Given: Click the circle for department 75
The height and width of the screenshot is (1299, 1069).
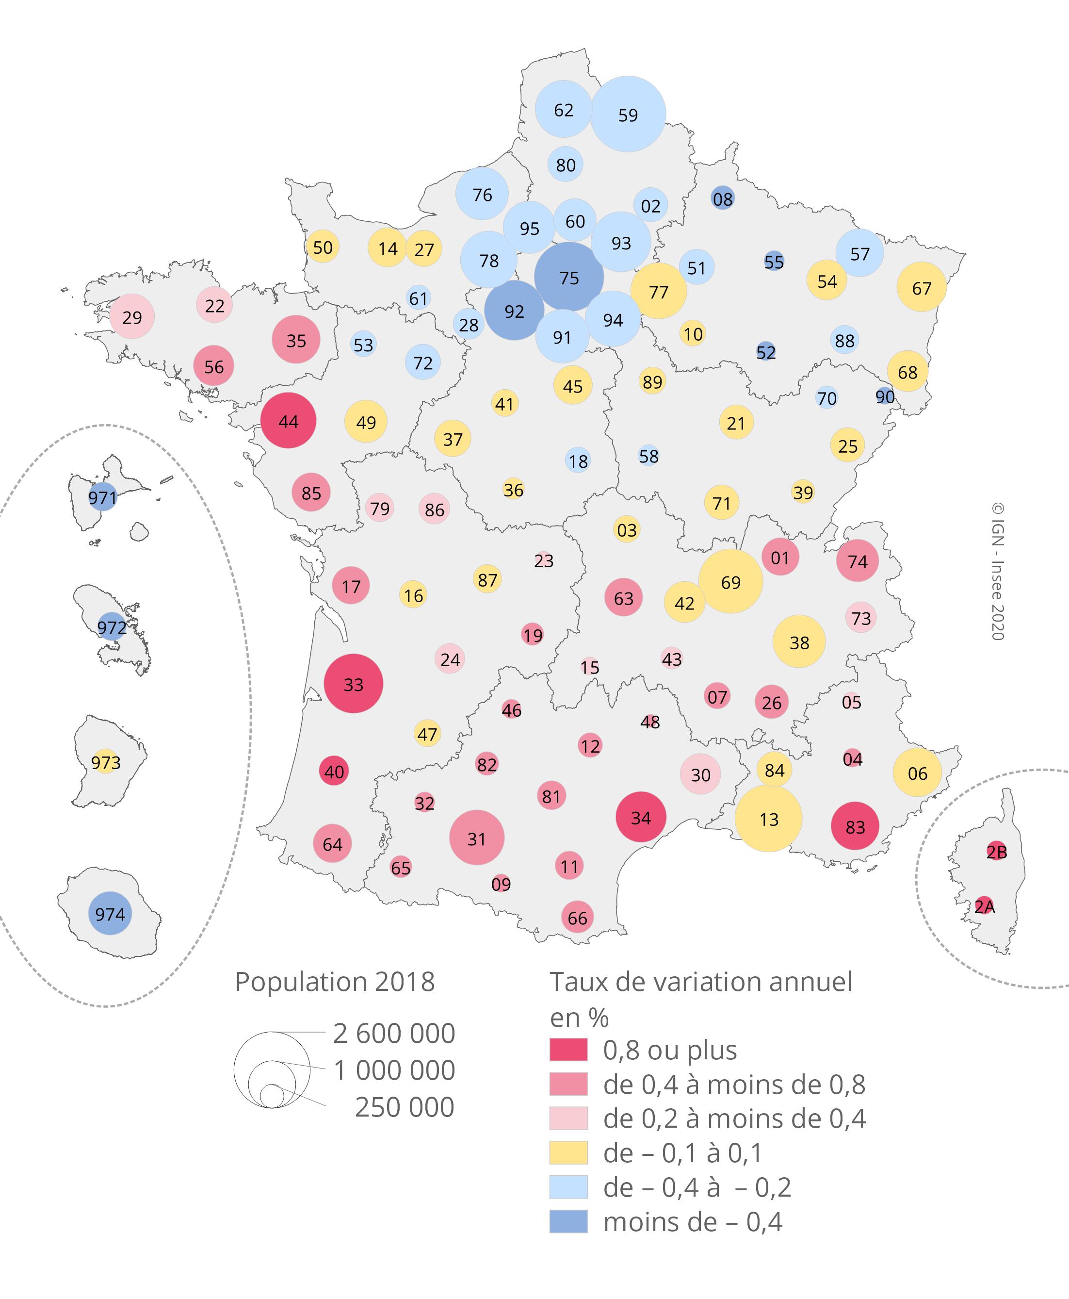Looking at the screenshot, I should (x=568, y=277).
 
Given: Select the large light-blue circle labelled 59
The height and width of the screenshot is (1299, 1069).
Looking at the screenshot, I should (x=628, y=114).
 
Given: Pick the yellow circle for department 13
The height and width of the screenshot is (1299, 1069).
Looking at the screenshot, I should (x=768, y=819).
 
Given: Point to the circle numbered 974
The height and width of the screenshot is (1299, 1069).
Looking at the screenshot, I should (x=110, y=913).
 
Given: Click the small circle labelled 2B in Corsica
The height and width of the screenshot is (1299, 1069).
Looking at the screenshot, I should (x=996, y=851).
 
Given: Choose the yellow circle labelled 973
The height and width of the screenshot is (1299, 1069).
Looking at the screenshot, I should (x=106, y=762).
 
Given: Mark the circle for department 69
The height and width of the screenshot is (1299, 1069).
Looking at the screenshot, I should (x=730, y=581).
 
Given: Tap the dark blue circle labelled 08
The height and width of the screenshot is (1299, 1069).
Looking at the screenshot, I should (x=722, y=198).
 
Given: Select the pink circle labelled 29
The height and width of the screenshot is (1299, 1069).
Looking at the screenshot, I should (x=132, y=316).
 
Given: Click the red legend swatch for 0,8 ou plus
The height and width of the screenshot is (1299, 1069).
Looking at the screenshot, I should (x=568, y=1050).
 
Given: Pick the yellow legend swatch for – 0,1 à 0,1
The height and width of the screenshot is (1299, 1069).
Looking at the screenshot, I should (x=568, y=1152).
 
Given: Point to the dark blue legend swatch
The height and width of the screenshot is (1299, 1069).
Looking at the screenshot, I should (x=568, y=1221).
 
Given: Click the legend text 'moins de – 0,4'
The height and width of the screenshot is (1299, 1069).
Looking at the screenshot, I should (x=693, y=1222).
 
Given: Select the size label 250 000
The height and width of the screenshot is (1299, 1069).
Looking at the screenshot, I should (x=405, y=1107).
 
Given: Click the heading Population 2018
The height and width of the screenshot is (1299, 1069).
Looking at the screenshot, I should (x=334, y=982).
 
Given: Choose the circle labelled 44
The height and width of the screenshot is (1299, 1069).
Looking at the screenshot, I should (x=288, y=421).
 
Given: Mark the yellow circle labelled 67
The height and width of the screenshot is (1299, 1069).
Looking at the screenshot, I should (x=921, y=287).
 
